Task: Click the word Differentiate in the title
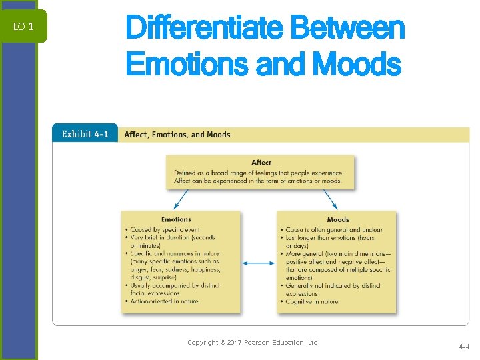pos(203,29)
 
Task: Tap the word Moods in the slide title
pos(356,65)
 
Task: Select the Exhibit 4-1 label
pos(85,134)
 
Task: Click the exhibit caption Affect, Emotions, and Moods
pos(177,135)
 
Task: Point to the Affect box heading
pos(261,162)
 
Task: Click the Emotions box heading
pos(176,219)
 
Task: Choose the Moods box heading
pos(338,219)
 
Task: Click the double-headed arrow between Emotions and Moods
pos(259,263)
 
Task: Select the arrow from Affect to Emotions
pos(178,199)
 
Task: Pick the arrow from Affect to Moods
pos(331,199)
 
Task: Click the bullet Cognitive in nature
pos(311,301)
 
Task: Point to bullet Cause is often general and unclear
pos(334,230)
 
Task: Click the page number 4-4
pos(464,347)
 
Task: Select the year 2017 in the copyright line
pos(235,343)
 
